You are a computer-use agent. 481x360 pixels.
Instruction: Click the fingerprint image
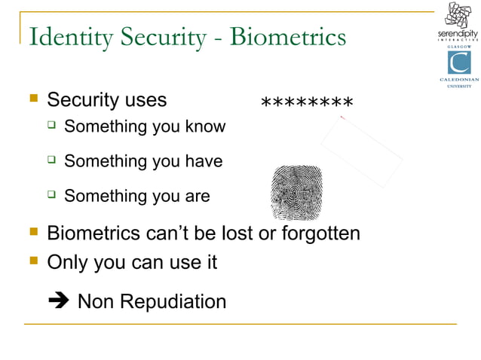point(296,191)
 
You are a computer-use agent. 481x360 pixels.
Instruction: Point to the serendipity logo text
point(458,35)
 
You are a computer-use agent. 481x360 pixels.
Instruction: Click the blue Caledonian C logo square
point(458,63)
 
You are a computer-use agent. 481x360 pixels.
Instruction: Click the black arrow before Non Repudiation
point(58,302)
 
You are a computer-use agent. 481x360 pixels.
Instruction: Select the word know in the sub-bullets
point(205,127)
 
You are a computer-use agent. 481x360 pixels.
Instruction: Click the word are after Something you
point(197,197)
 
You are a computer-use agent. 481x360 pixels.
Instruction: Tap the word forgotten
point(320,233)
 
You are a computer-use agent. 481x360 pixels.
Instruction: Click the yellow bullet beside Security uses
point(32,99)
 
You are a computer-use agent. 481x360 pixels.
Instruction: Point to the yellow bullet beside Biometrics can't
point(32,232)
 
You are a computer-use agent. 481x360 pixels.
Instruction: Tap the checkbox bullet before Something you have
point(51,160)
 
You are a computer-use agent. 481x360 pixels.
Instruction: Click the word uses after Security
point(143,100)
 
